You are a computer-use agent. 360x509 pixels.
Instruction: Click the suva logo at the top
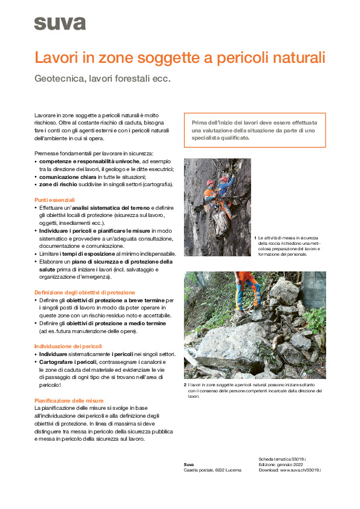(60, 24)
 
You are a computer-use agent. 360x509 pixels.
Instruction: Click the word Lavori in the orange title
(54, 59)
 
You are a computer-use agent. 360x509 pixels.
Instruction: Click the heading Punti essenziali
(54, 199)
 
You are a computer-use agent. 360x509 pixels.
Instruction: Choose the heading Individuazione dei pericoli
(68, 346)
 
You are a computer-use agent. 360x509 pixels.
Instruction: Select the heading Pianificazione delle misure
(69, 400)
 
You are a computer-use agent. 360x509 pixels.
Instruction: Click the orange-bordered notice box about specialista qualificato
(254, 130)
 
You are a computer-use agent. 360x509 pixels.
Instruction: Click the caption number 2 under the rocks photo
(185, 385)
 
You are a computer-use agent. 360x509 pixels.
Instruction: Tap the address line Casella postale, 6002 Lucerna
(212, 470)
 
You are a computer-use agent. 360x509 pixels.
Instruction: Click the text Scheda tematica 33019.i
(282, 459)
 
